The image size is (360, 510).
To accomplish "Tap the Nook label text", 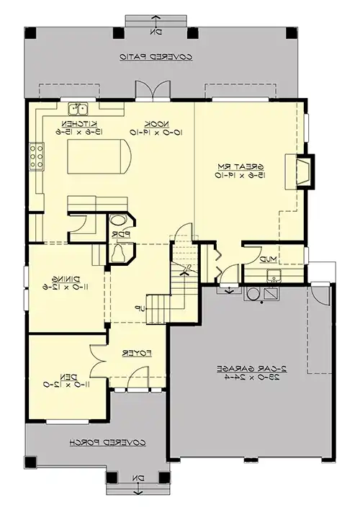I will click(x=151, y=123).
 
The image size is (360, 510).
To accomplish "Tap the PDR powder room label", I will click(x=120, y=234).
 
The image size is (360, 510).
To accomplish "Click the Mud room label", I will click(x=269, y=259).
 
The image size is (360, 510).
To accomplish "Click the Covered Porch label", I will click(x=108, y=442).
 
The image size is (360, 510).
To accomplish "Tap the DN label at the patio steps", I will click(x=156, y=32).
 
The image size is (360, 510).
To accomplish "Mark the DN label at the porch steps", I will click(x=140, y=477).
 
